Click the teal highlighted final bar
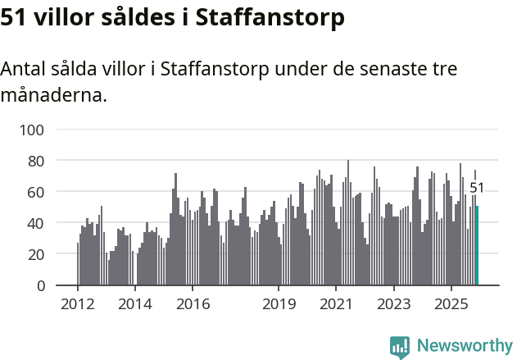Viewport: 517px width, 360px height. click(478, 246)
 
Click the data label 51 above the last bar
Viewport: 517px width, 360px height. click(477, 188)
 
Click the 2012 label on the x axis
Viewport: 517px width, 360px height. click(78, 305)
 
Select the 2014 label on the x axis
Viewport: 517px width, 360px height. click(135, 305)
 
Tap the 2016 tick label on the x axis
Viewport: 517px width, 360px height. click(193, 305)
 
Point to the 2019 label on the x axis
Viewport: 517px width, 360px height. click(279, 305)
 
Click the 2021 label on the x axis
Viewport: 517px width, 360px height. click(336, 305)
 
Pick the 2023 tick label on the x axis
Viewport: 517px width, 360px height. click(393, 305)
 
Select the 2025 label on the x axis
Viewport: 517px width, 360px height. click(451, 305)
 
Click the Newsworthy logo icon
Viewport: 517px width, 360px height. click(400, 347)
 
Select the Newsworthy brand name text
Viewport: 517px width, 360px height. click(464, 346)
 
